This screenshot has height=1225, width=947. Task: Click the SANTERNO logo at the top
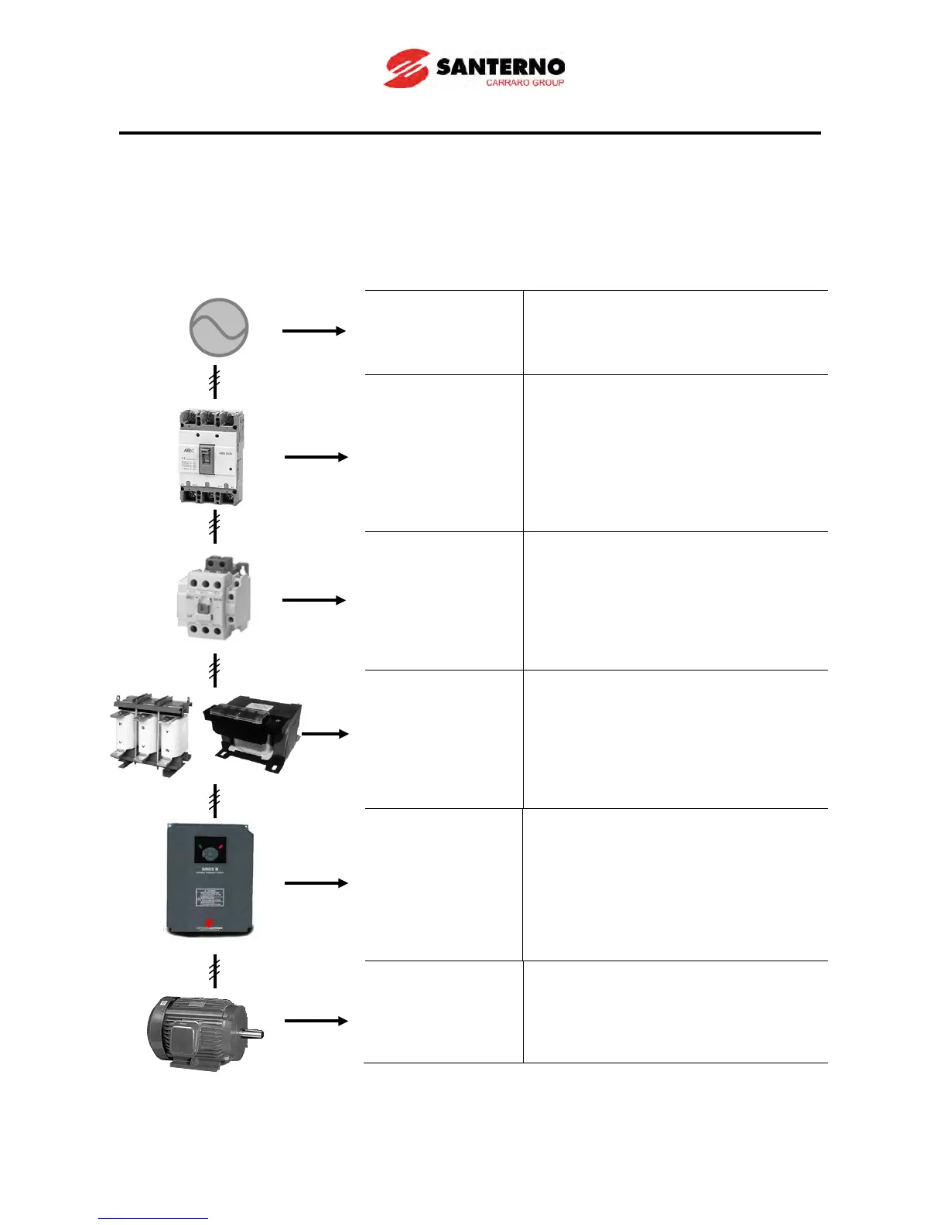pyautogui.click(x=473, y=68)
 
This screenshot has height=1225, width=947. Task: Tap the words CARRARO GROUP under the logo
pyautogui.click(x=525, y=83)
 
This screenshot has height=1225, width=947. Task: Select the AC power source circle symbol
pyautogui.click(x=219, y=328)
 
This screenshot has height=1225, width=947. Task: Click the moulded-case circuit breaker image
pyautogui.click(x=210, y=457)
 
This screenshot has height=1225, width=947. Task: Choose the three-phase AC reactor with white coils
pyautogui.click(x=149, y=733)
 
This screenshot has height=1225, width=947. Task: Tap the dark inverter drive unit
pyautogui.click(x=210, y=880)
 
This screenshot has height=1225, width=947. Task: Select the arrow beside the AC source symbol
pyautogui.click(x=313, y=331)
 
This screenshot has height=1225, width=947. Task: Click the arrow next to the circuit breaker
pyautogui.click(x=316, y=457)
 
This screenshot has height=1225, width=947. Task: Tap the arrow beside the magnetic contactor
pyautogui.click(x=313, y=600)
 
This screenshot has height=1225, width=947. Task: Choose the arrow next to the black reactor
pyautogui.click(x=325, y=733)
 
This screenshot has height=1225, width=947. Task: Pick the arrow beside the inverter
pyautogui.click(x=316, y=882)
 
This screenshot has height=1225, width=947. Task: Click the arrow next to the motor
pyautogui.click(x=316, y=1021)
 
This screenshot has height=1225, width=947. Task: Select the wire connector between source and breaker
pyautogui.click(x=214, y=383)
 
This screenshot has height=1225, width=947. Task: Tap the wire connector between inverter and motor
pyautogui.click(x=214, y=971)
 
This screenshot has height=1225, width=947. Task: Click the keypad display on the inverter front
pyautogui.click(x=210, y=852)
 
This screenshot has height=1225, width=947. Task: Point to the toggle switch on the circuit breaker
pyautogui.click(x=206, y=459)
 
